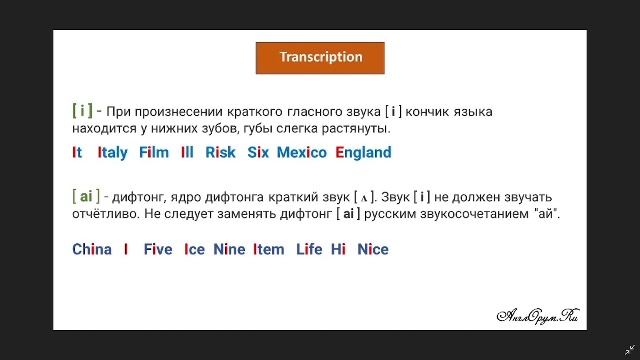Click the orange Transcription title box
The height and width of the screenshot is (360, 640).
[x=320, y=57]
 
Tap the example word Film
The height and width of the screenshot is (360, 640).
[x=154, y=153]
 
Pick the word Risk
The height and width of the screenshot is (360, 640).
[x=220, y=153]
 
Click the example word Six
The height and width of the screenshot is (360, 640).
[x=259, y=153]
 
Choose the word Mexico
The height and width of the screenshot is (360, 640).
[x=302, y=153]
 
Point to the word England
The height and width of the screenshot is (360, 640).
[x=363, y=153]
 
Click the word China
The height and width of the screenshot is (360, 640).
[x=92, y=249]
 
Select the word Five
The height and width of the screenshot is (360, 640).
[x=158, y=249]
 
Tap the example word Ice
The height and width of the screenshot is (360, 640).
[x=194, y=249]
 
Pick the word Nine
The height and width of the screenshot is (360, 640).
[x=229, y=249]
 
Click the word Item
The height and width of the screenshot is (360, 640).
[x=269, y=249]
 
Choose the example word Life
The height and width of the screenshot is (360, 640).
[x=309, y=249]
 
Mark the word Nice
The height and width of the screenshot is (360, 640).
[x=372, y=249]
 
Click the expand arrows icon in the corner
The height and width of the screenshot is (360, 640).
[x=629, y=349]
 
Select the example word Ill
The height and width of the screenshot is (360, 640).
[x=187, y=153]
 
